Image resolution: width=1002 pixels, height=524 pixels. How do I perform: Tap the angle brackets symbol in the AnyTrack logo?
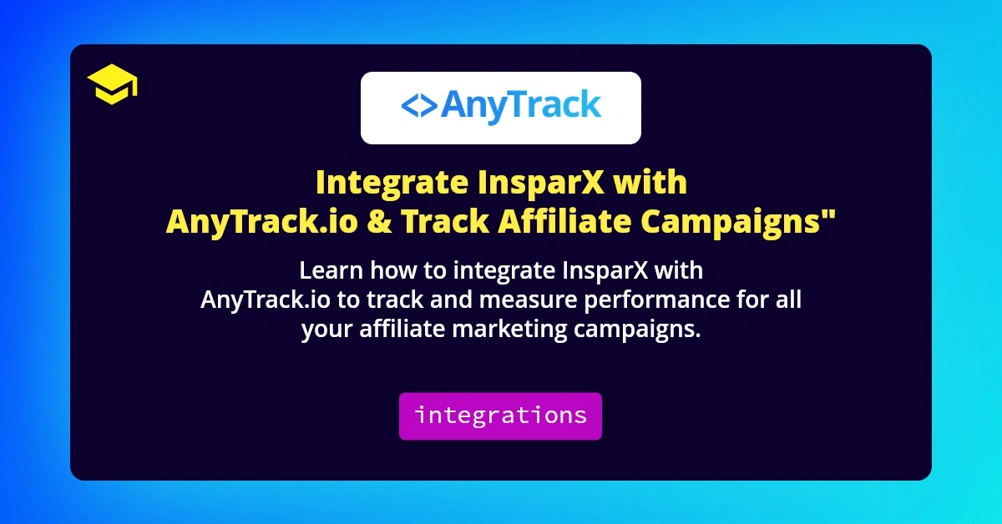click(x=417, y=106)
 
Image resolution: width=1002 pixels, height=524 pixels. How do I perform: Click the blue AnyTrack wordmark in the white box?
click(x=520, y=106)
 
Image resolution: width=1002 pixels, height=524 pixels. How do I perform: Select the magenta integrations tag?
click(x=500, y=416)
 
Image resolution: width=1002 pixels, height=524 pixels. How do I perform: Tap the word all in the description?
click(x=787, y=300)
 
